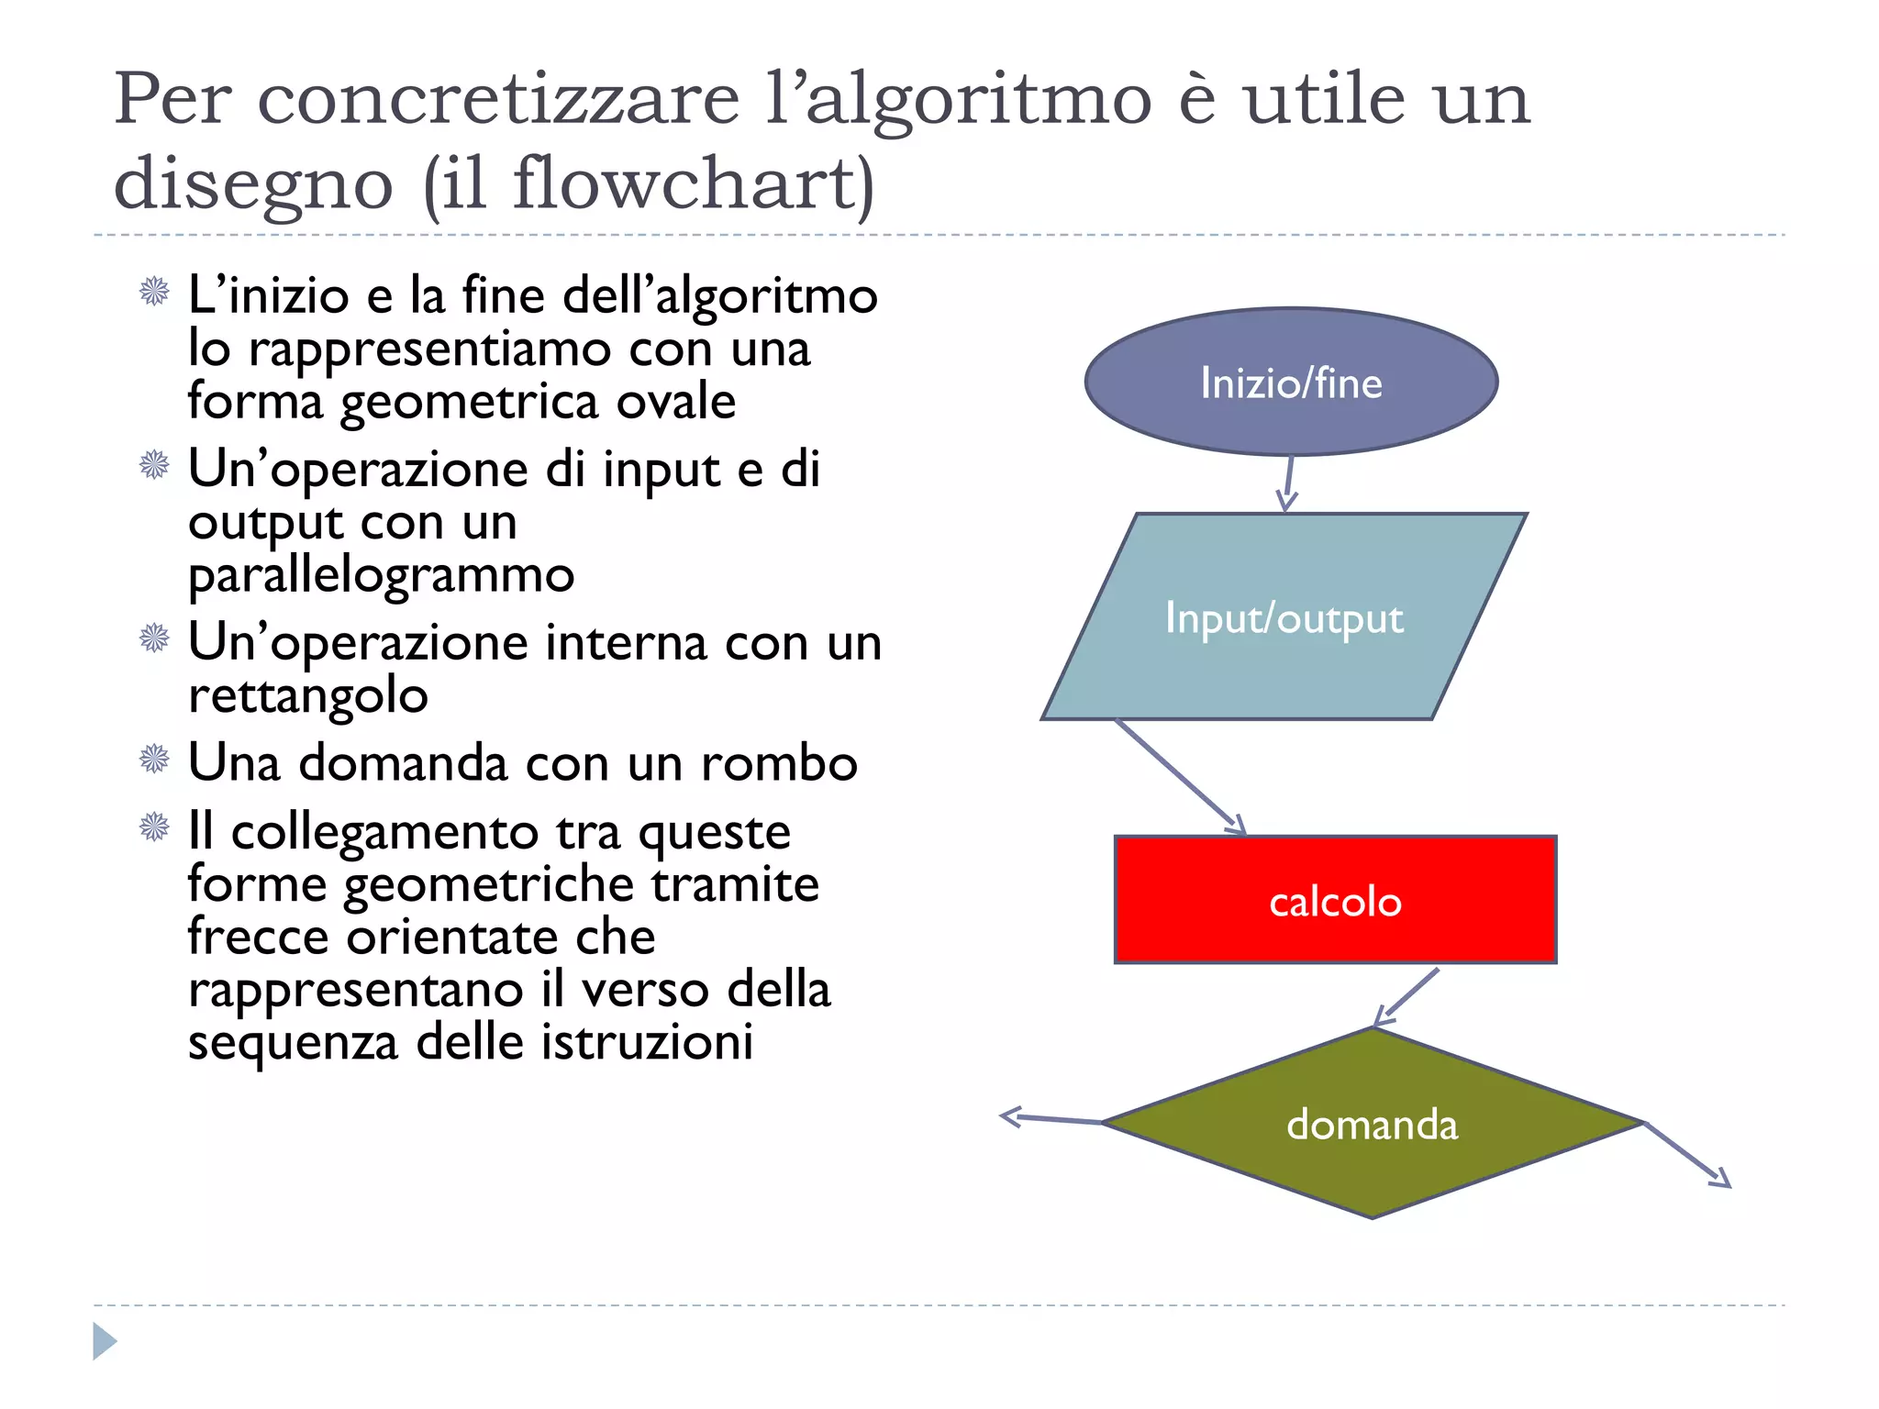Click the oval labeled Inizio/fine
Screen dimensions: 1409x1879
pyautogui.click(x=1291, y=382)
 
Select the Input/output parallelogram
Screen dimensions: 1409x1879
pyautogui.click(x=1284, y=616)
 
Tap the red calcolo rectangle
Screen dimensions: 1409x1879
pyautogui.click(x=1335, y=900)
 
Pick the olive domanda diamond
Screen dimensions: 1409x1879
pyautogui.click(x=1372, y=1124)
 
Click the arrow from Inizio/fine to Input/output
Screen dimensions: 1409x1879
pyautogui.click(x=1289, y=483)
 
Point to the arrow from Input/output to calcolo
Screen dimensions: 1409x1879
pyautogui.click(x=1180, y=776)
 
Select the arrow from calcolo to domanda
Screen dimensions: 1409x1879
pyautogui.click(x=1406, y=996)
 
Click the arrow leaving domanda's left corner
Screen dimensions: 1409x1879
pyautogui.click(x=1051, y=1118)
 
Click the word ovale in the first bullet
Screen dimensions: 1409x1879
pyautogui.click(x=675, y=402)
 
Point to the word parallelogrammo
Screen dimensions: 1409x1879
pyautogui.click(x=381, y=575)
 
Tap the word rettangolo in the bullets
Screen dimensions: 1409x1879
pyautogui.click(x=308, y=695)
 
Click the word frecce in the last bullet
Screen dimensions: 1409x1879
pyautogui.click(x=259, y=937)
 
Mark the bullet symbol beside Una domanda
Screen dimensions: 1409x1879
pyautogui.click(x=154, y=759)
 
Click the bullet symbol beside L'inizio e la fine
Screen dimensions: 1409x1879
pyautogui.click(x=154, y=292)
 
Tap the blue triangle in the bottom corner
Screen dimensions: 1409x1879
pyautogui.click(x=104, y=1341)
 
